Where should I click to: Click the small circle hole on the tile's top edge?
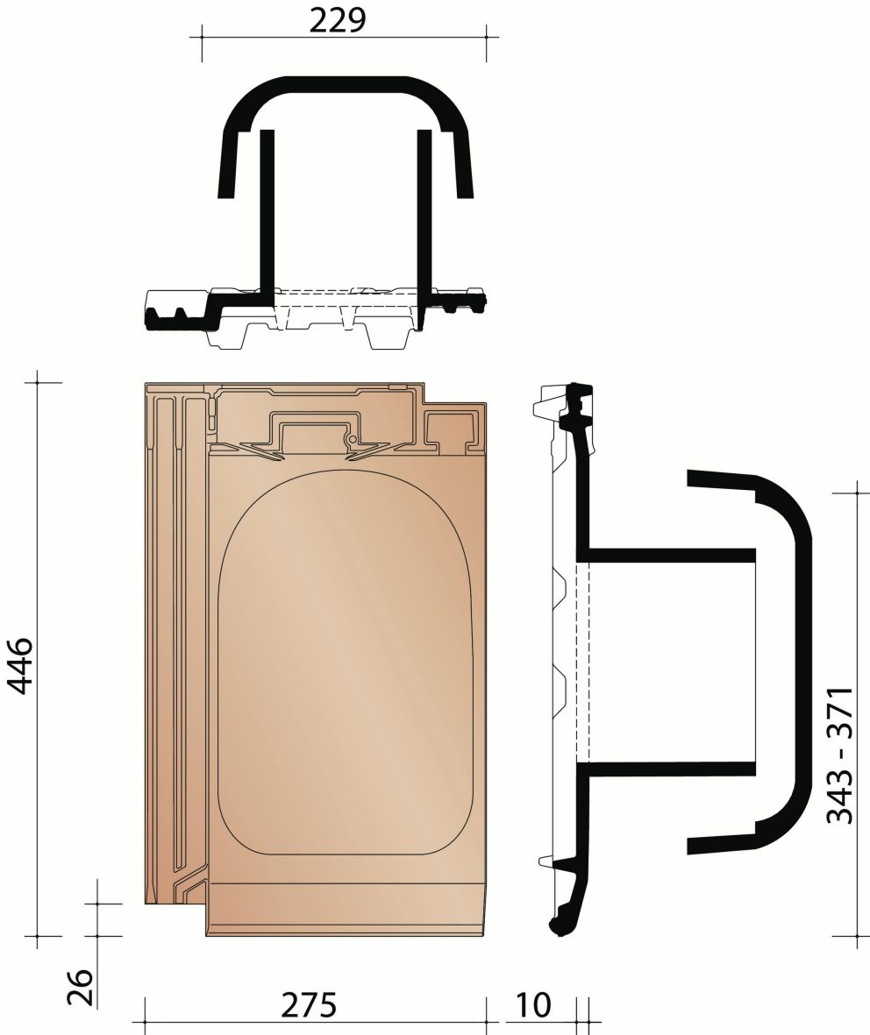pos(352,437)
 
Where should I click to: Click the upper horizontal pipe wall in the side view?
pos(667,556)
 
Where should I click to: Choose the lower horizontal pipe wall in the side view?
pos(667,769)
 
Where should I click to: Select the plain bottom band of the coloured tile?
pos(346,911)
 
